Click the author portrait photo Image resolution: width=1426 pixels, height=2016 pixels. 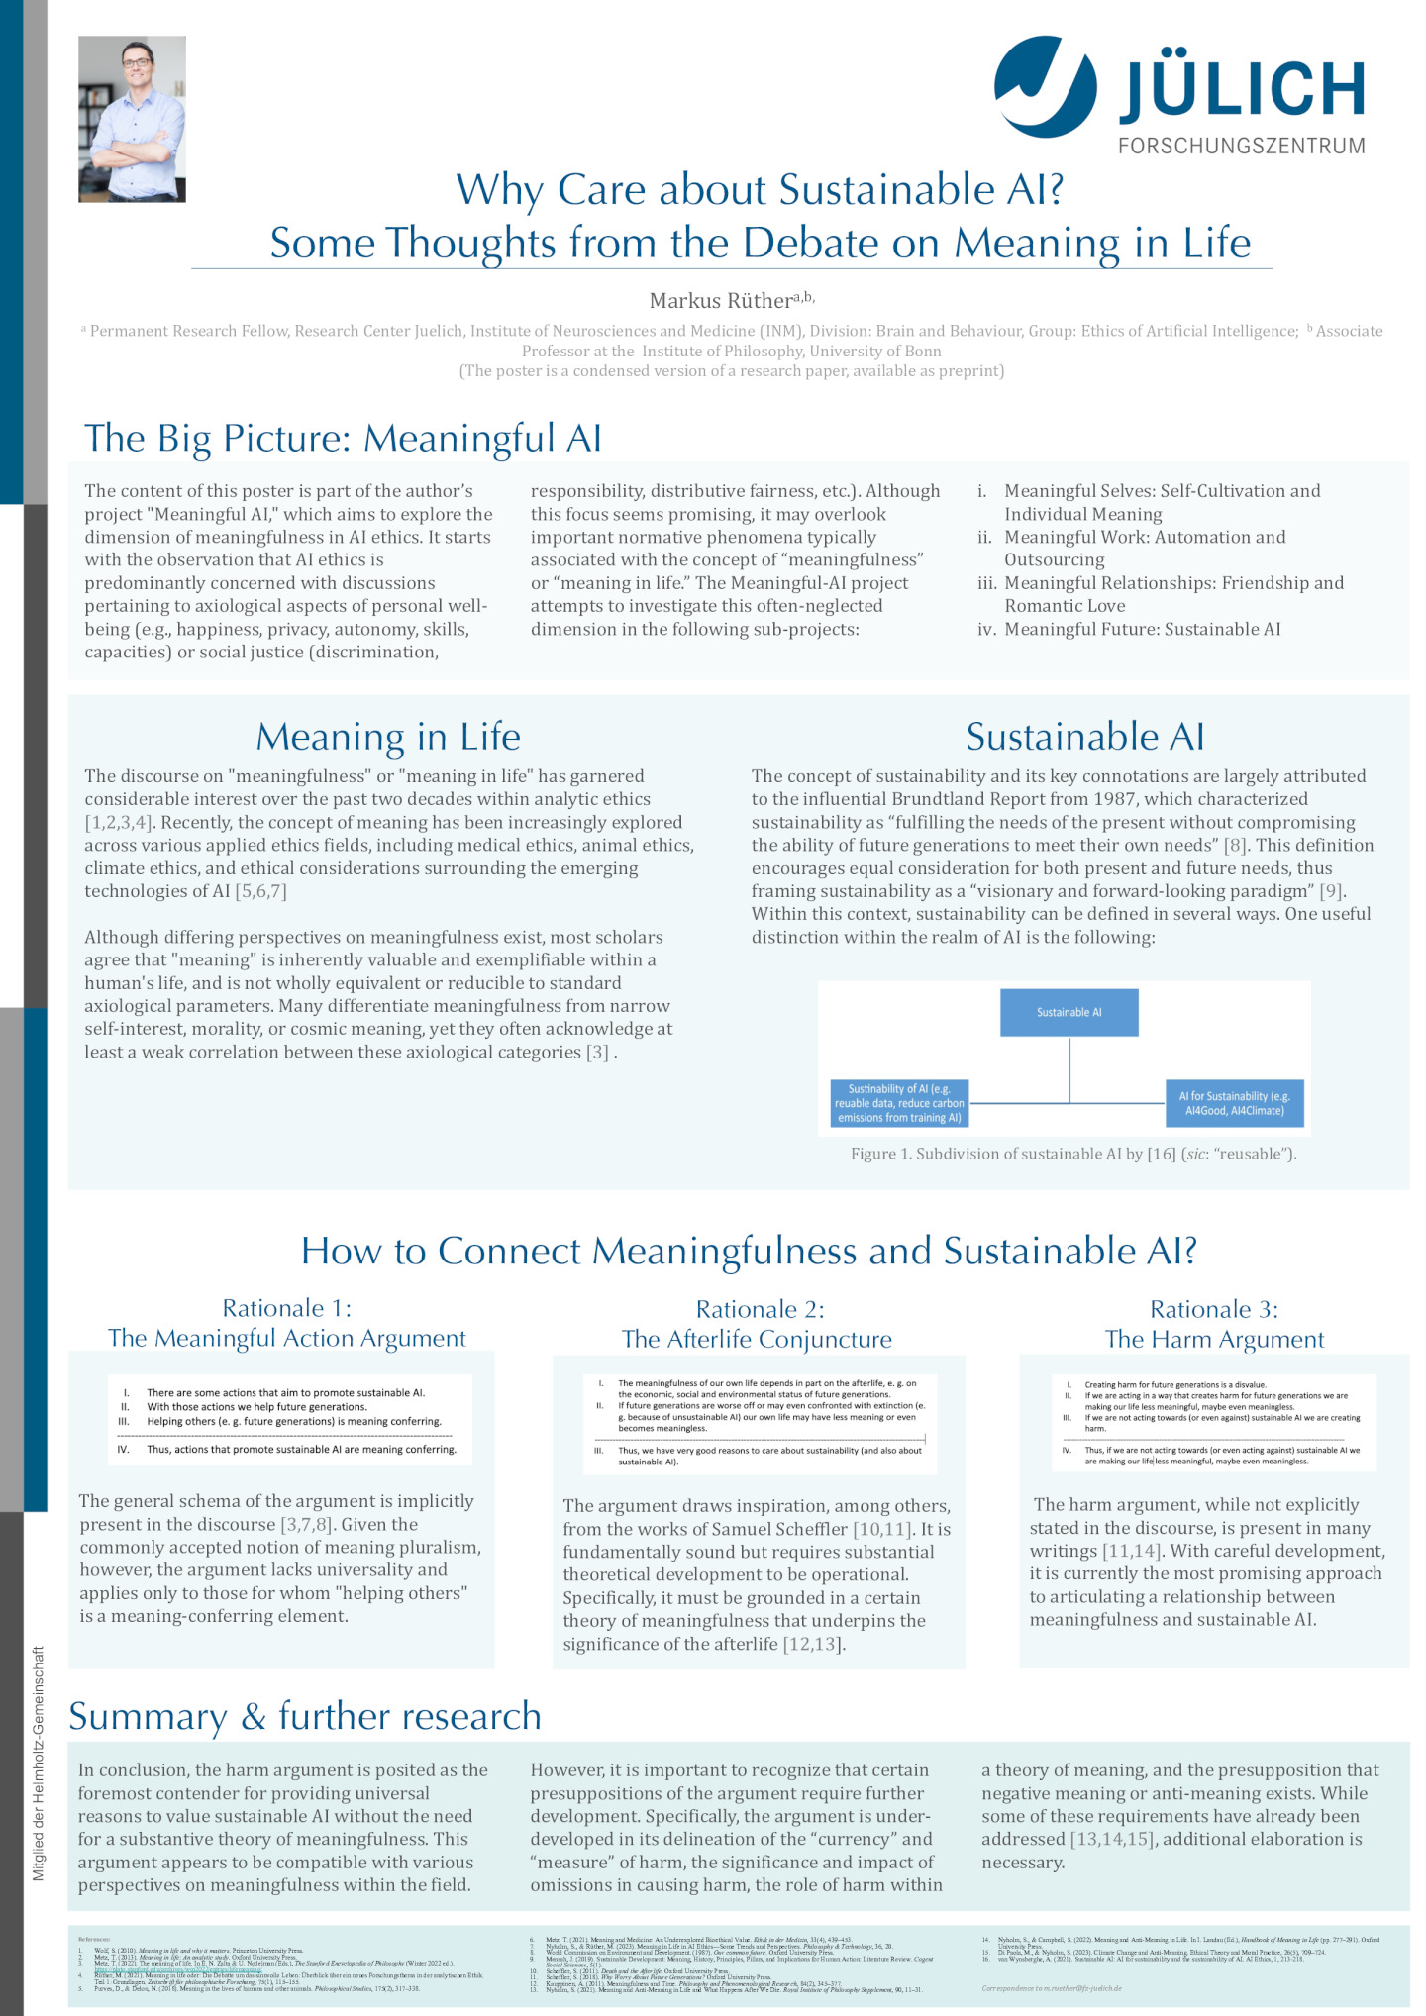[132, 119]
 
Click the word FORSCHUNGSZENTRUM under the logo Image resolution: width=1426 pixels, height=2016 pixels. [1242, 146]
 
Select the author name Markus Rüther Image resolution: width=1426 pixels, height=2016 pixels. [720, 300]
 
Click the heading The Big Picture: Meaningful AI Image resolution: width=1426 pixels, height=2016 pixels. [343, 438]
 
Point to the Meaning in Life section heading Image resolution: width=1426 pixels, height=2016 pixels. [387, 737]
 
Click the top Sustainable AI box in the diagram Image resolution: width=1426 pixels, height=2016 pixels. [1069, 1012]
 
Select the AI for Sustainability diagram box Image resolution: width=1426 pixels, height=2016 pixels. [1234, 1103]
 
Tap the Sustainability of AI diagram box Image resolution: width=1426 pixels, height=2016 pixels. [899, 1103]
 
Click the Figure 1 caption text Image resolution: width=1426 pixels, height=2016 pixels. [1072, 1154]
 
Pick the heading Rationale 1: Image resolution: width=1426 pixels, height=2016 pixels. [286, 1308]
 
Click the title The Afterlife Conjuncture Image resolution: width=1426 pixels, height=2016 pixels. [757, 1339]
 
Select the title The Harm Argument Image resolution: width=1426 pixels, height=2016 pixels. [1214, 1339]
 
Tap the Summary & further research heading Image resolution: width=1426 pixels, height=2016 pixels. [305, 1716]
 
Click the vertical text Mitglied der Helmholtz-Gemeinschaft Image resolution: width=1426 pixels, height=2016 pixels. [39, 1763]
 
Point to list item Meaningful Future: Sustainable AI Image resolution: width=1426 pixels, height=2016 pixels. [1142, 629]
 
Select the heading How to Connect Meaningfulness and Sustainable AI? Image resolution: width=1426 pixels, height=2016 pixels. [749, 1251]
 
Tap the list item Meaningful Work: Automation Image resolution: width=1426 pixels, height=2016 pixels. [1145, 537]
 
